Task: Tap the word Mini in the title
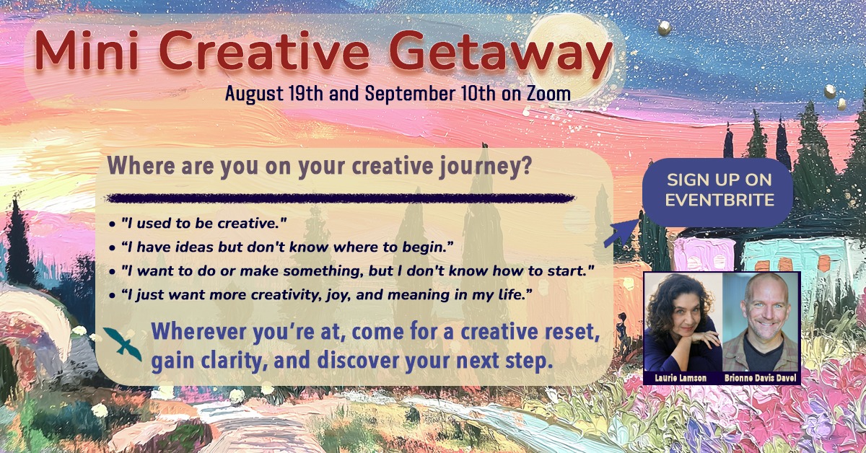tap(87, 50)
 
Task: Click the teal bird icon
tap(123, 343)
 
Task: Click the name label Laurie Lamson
tap(681, 378)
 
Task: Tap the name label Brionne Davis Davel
tap(761, 378)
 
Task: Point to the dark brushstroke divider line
tap(340, 198)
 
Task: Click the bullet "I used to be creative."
tap(198, 224)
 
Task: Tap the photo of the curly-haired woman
tap(683, 322)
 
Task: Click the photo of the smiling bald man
tap(761, 322)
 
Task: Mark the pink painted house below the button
tap(704, 254)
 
